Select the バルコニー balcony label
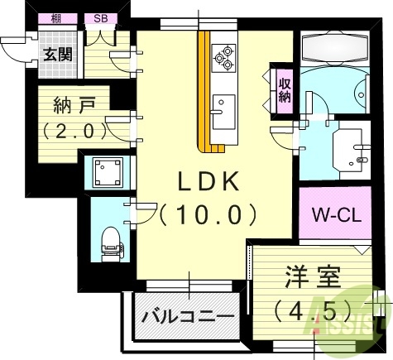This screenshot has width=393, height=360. (187, 316)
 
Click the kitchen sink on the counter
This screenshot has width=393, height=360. (222, 107)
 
